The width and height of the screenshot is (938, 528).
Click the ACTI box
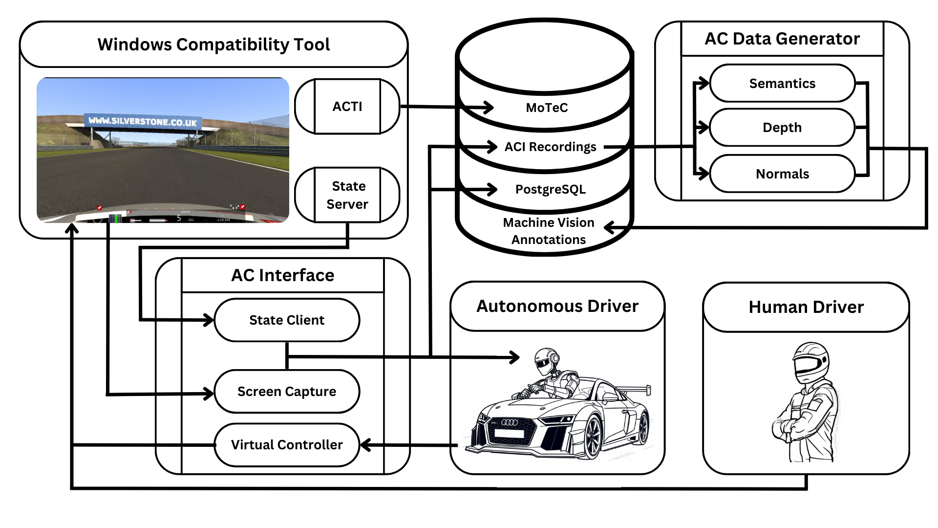click(347, 106)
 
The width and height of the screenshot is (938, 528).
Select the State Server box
click(347, 195)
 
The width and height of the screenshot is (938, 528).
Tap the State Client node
click(287, 320)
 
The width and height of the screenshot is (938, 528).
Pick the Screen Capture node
click(287, 392)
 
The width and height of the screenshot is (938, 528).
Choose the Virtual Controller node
click(287, 445)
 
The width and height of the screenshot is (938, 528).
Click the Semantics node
click(782, 84)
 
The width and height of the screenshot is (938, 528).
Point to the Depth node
click(782, 128)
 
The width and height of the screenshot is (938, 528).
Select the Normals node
click(782, 174)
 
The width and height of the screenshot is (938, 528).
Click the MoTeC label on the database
click(547, 108)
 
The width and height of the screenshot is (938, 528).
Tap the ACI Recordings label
click(550, 147)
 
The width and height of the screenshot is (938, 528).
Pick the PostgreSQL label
click(550, 189)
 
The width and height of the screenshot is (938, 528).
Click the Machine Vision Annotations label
click(549, 231)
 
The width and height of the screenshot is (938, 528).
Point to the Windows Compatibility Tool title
click(213, 44)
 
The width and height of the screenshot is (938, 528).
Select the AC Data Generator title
click(782, 39)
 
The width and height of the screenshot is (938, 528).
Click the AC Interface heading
click(283, 275)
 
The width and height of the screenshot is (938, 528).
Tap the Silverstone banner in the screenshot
click(143, 121)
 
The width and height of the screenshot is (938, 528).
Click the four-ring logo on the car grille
click(510, 422)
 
